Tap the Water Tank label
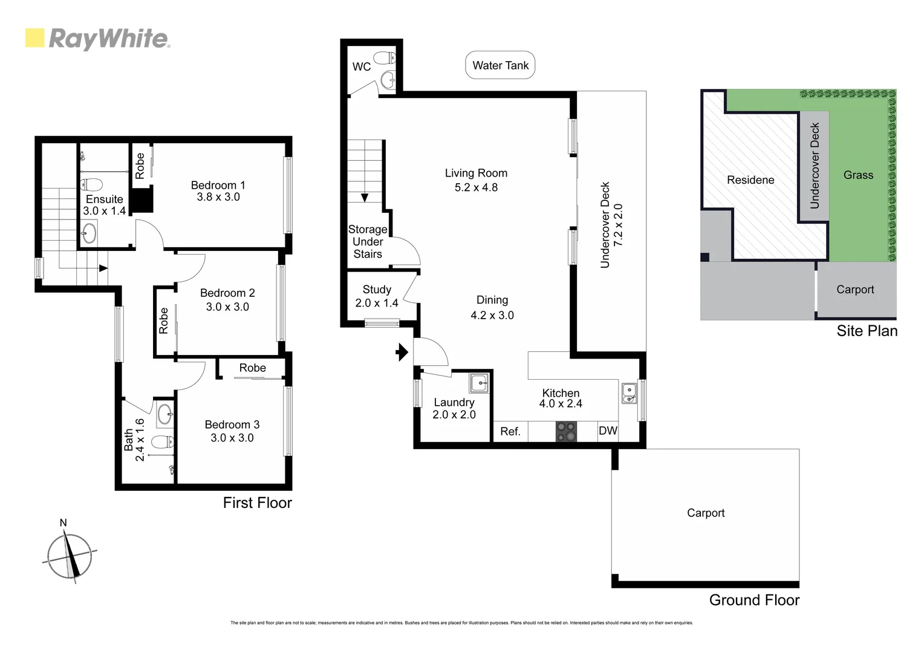(x=500, y=65)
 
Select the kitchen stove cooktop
(x=567, y=432)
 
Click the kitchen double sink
(x=630, y=394)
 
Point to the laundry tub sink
(x=479, y=383)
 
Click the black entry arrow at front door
(x=402, y=352)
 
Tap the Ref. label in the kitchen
(x=510, y=431)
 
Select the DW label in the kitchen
(x=608, y=430)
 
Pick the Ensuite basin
(x=89, y=233)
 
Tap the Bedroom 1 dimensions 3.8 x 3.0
(x=218, y=197)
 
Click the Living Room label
(x=476, y=174)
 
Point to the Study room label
(x=377, y=290)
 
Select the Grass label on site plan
(x=858, y=175)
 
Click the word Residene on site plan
(x=750, y=180)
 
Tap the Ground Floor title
(x=754, y=600)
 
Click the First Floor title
(x=257, y=503)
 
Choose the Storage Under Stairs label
(x=368, y=242)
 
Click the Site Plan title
(x=867, y=331)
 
